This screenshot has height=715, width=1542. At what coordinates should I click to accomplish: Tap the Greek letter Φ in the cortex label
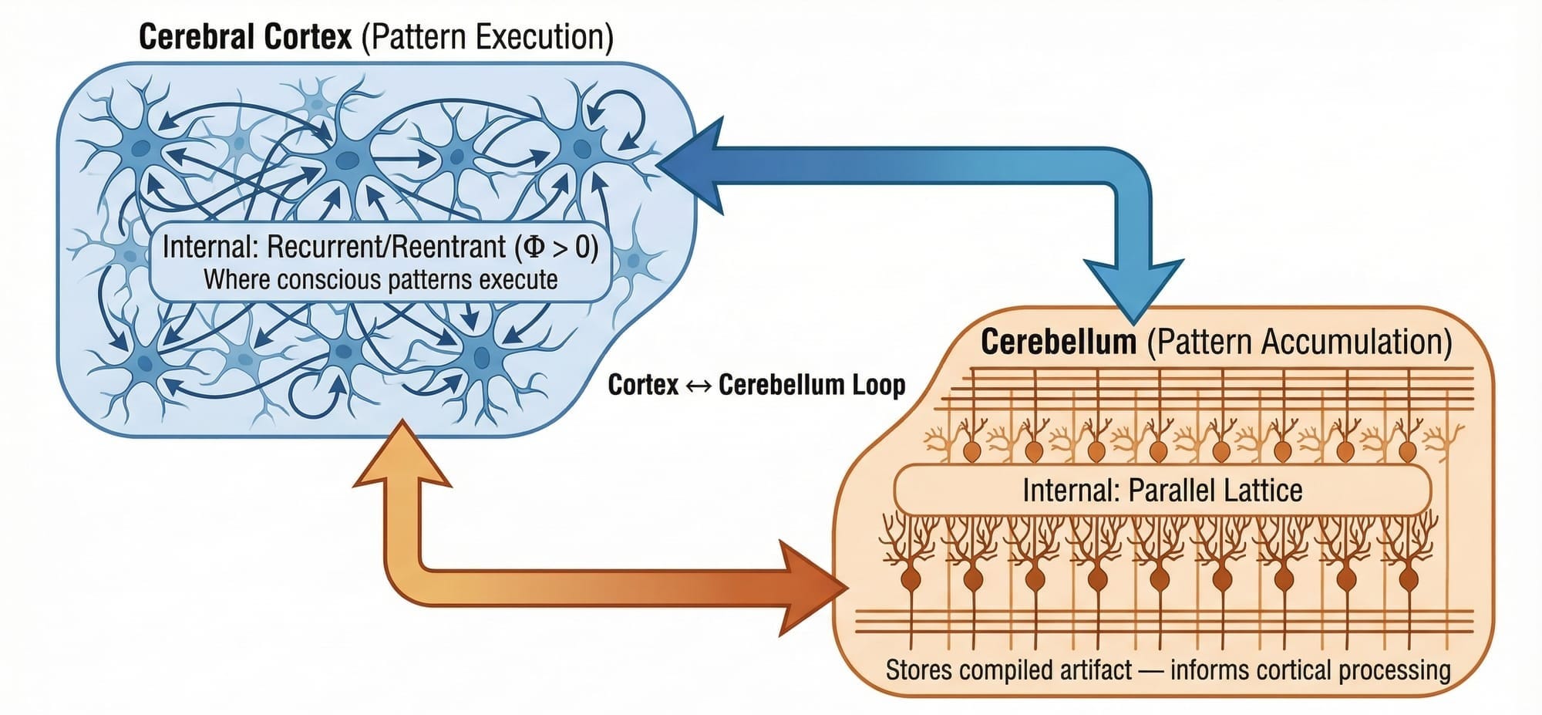coord(534,248)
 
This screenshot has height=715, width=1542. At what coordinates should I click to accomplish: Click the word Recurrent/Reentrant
coord(386,248)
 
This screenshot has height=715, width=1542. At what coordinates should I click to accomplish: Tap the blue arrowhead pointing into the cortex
coord(690,164)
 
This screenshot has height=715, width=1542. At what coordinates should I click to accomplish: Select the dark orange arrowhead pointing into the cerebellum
coord(813,588)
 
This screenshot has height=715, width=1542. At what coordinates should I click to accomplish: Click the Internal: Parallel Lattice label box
coord(1162,491)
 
